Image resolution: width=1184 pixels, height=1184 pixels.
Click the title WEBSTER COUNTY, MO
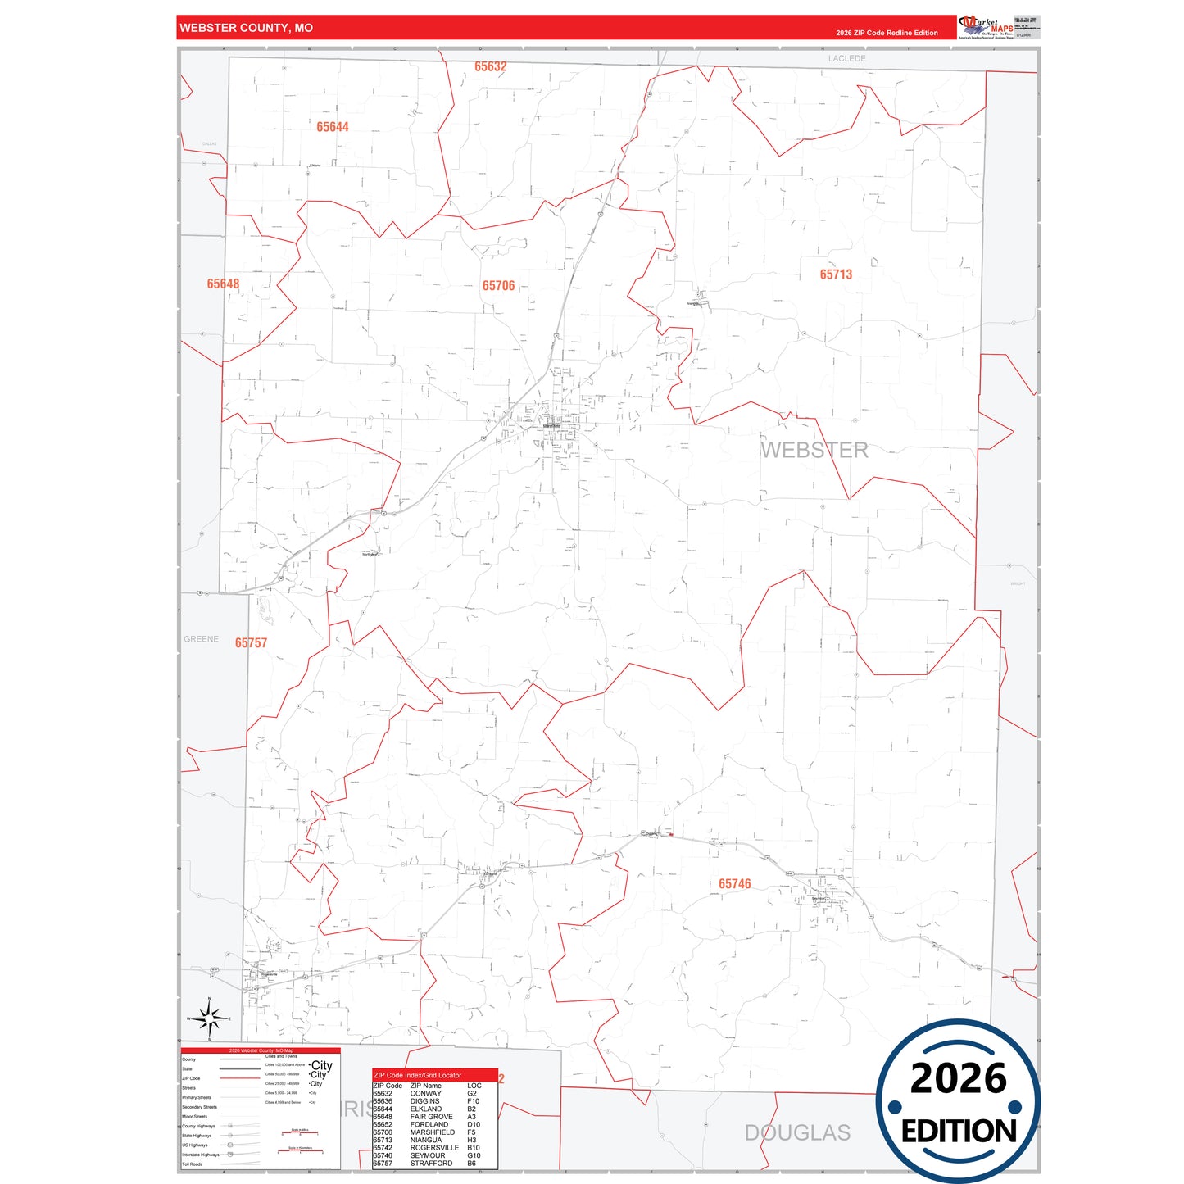(x=246, y=28)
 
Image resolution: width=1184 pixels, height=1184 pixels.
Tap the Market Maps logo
(x=986, y=26)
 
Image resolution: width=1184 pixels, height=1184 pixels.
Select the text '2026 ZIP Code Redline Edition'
(x=887, y=33)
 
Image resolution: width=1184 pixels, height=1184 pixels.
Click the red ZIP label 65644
(x=333, y=127)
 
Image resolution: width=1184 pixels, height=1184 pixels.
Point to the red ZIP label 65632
(x=491, y=67)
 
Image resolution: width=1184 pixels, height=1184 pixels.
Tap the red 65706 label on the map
(x=498, y=286)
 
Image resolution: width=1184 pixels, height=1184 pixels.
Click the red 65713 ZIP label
(x=836, y=274)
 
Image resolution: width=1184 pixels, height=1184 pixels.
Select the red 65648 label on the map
(x=223, y=284)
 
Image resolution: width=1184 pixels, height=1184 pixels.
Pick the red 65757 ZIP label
(x=251, y=643)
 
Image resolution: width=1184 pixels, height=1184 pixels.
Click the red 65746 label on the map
(x=734, y=884)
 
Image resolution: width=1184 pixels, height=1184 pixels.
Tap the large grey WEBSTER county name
(x=814, y=451)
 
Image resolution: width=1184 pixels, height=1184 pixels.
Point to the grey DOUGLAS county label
(x=796, y=1133)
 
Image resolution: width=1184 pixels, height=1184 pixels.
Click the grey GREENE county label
(x=201, y=639)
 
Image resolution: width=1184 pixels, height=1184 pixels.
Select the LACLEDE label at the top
(x=846, y=59)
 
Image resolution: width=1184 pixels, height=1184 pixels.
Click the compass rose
(x=210, y=1018)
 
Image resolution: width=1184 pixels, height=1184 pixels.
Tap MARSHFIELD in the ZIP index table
(x=432, y=1132)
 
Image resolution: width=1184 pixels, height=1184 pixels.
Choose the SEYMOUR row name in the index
(x=428, y=1155)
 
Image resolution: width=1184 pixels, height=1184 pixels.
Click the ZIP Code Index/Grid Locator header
(x=417, y=1075)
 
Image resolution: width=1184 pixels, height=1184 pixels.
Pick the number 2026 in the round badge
(x=958, y=1078)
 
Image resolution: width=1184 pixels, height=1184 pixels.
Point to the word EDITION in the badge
(x=959, y=1132)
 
